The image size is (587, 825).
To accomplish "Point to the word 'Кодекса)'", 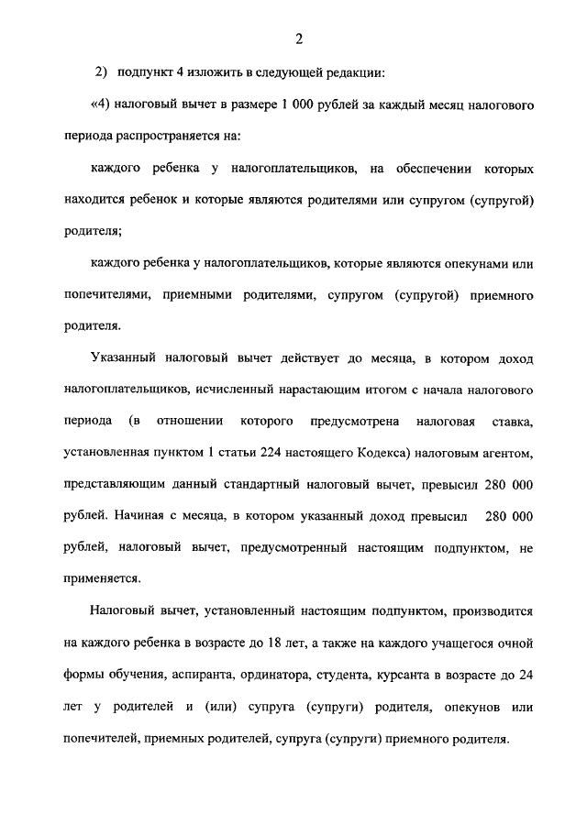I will pos(389,452).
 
